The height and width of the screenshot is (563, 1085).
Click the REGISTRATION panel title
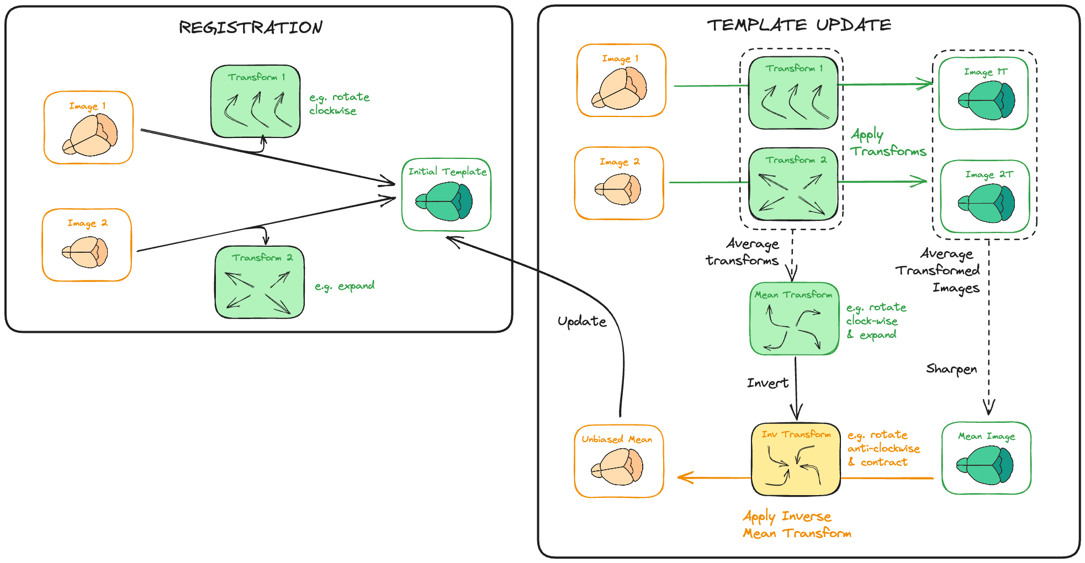point(251,28)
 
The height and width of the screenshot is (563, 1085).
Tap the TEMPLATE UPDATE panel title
point(799,25)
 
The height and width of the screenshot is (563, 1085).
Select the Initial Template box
point(447,195)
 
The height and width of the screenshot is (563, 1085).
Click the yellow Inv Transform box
point(796,459)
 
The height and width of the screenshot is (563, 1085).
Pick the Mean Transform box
point(794,318)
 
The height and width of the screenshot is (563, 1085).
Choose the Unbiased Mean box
point(618,461)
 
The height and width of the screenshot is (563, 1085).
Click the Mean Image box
point(986,458)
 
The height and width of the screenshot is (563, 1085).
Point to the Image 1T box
point(983,93)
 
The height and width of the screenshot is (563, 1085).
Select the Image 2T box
point(985,196)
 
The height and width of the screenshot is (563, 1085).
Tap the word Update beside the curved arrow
point(582,322)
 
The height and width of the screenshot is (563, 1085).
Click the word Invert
point(768,383)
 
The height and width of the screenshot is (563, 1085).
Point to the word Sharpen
point(951,369)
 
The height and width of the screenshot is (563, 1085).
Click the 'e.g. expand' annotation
point(345,286)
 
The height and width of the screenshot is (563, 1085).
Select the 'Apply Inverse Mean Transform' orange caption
point(797,525)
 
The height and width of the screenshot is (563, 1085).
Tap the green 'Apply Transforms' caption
point(888,143)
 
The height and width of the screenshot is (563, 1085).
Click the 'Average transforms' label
point(743,252)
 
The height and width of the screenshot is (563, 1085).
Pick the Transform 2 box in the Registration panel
point(260,282)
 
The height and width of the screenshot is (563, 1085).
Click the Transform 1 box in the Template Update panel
point(793,93)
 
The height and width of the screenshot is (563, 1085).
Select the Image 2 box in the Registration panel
point(87,245)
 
